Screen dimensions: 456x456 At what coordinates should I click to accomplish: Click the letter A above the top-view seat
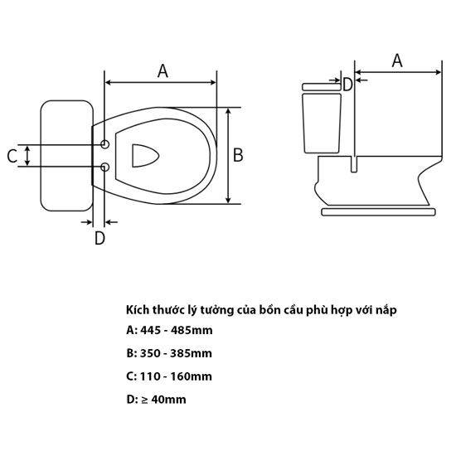(x=163, y=71)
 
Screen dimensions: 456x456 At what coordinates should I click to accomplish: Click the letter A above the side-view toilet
(x=397, y=61)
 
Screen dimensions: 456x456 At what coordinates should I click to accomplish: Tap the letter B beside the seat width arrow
(x=238, y=155)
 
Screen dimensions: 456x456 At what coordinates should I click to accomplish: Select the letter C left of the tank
(x=12, y=156)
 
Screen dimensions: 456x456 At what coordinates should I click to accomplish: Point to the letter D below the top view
(x=99, y=238)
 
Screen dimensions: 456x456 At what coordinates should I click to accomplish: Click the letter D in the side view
(x=347, y=85)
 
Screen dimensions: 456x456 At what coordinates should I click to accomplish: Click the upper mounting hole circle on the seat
(x=104, y=144)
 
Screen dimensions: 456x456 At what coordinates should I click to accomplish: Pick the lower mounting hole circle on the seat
(x=104, y=167)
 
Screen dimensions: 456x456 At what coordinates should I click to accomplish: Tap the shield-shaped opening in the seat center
(x=145, y=156)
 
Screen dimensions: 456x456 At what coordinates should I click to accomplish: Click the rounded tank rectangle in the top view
(x=67, y=156)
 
